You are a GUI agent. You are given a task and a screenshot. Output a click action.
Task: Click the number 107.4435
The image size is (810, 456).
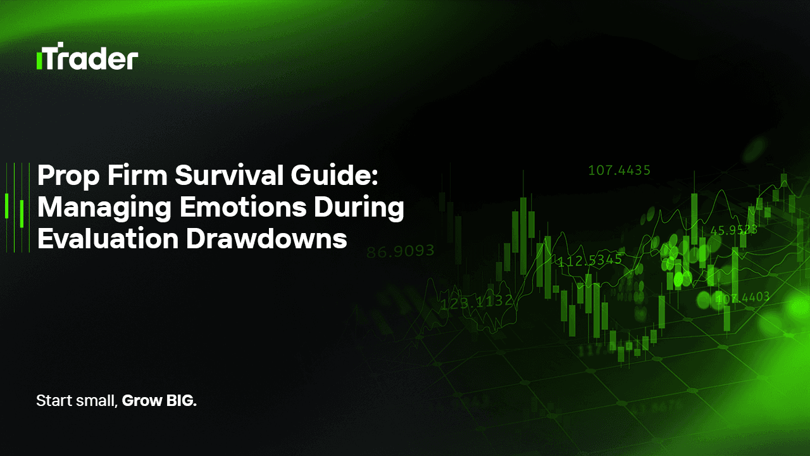619,170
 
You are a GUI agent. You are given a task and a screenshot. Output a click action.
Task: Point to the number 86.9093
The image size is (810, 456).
401,251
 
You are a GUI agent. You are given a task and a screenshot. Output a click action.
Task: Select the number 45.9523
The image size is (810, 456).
733,231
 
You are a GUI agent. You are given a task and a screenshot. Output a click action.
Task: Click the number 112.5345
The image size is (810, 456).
589,261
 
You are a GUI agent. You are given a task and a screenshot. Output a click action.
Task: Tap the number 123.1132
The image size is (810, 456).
477,303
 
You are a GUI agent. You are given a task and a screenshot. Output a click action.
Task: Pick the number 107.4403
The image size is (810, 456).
742,296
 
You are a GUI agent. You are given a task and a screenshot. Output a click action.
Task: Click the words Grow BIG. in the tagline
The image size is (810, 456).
159,401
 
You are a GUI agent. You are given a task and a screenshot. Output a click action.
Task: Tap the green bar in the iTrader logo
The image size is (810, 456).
39,61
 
